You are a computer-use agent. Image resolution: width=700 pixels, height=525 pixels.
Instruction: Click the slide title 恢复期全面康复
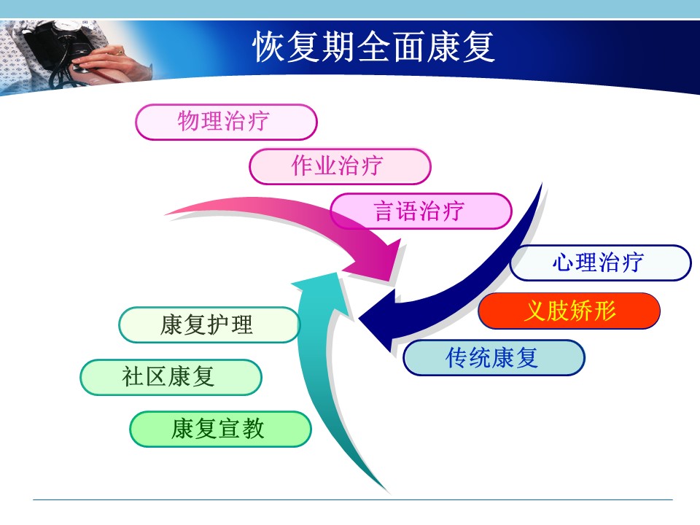coord(374,47)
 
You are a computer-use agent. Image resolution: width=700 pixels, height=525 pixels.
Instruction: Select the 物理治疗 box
coord(226,122)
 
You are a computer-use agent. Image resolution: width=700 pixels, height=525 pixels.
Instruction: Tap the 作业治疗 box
coord(341,166)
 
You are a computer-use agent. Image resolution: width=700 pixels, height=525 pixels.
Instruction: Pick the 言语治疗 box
coord(421,211)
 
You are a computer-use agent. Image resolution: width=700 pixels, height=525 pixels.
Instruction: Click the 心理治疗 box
coord(600,262)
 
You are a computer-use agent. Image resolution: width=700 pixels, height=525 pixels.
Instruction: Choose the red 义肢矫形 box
coord(569,311)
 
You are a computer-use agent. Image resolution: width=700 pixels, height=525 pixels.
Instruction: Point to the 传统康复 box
coord(494,357)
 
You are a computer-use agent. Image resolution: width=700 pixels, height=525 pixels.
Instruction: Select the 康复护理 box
coord(209,325)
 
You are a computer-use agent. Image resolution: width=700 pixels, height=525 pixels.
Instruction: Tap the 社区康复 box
coord(171,377)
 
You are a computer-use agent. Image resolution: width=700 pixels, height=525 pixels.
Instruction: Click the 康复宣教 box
coord(220,429)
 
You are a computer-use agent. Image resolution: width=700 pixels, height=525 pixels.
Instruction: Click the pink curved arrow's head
coord(378,262)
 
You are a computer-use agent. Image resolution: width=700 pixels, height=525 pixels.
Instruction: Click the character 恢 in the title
coord(269,47)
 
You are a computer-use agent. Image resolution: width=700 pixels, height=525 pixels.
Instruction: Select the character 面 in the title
coord(409,47)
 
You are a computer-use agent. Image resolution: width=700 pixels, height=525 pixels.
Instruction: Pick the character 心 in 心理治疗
coord(563,262)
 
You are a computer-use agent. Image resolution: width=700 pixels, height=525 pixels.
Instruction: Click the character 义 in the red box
coord(534,311)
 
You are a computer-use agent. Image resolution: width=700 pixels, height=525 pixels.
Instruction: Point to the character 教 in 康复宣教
coord(253,429)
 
